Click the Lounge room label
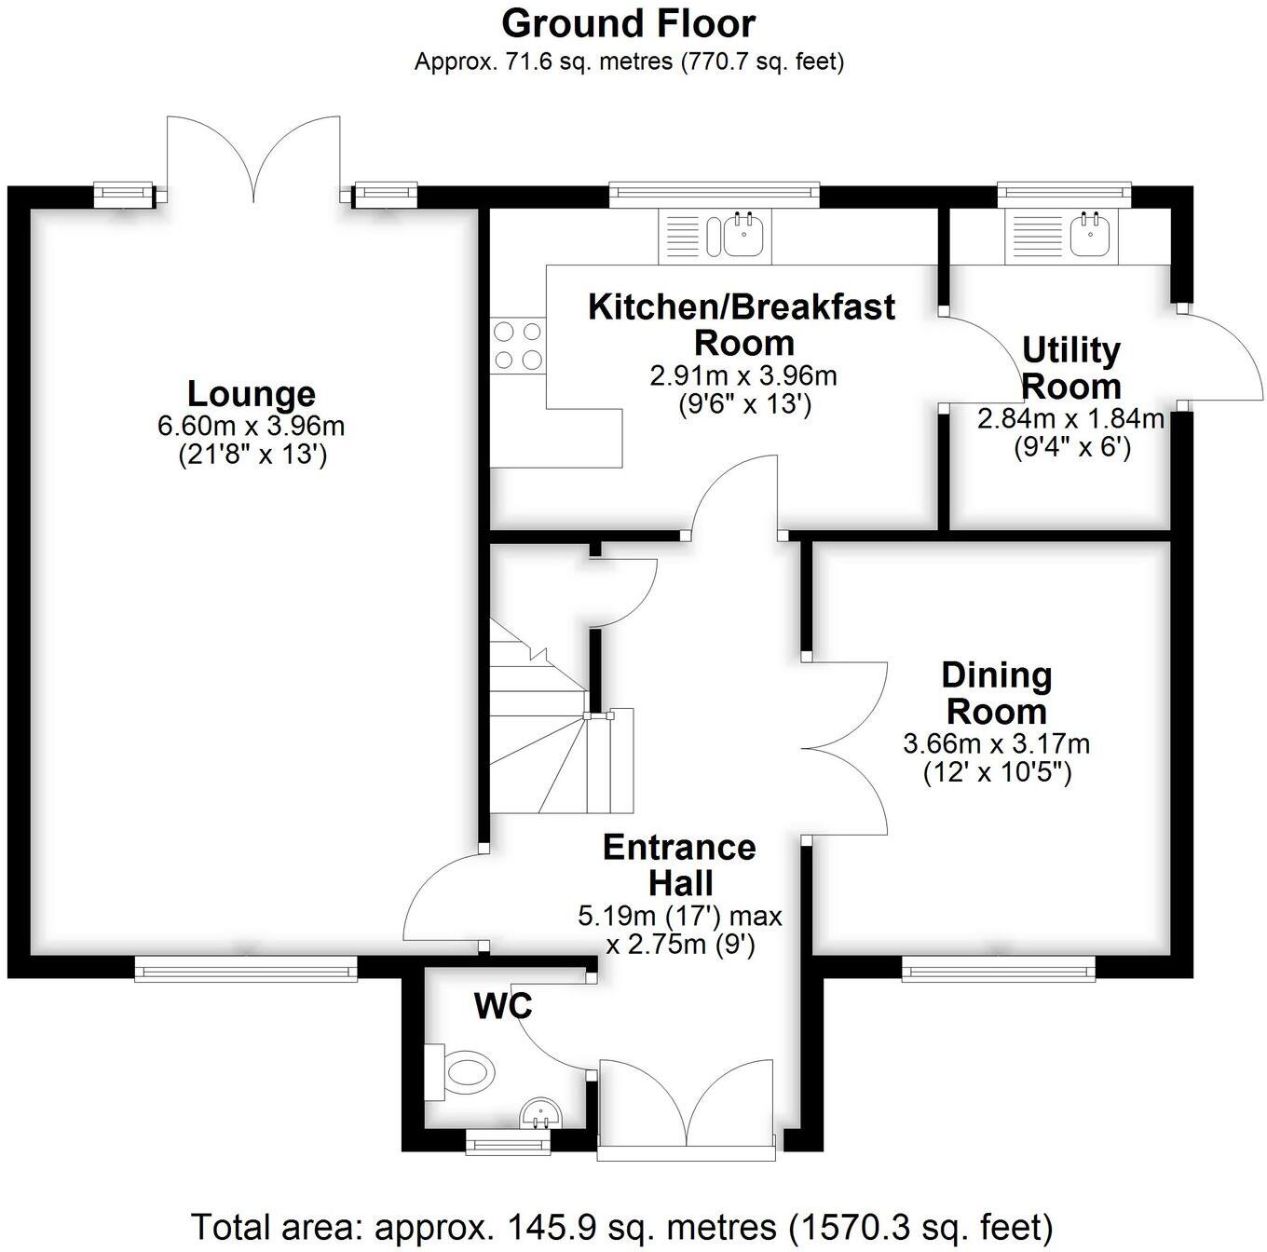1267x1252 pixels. pyautogui.click(x=251, y=393)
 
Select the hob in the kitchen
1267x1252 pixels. pyautogui.click(x=518, y=345)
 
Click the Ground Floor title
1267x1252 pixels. pyautogui.click(x=629, y=23)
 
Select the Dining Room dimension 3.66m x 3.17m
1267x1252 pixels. pyautogui.click(x=996, y=744)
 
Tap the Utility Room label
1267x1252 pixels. pyautogui.click(x=1071, y=368)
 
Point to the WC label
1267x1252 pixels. pyautogui.click(x=503, y=1006)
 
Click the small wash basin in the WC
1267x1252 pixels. pyautogui.click(x=540, y=1111)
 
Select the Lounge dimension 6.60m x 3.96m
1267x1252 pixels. pyautogui.click(x=251, y=427)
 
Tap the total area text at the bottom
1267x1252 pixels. pyautogui.click(x=621, y=1227)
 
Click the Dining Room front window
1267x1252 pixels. pyautogui.click(x=998, y=972)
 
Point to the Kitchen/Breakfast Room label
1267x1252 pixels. pyautogui.click(x=742, y=323)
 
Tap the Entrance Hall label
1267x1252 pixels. pyautogui.click(x=679, y=864)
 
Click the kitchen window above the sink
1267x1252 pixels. pyautogui.click(x=714, y=195)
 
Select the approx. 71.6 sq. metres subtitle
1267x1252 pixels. pyautogui.click(x=629, y=62)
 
